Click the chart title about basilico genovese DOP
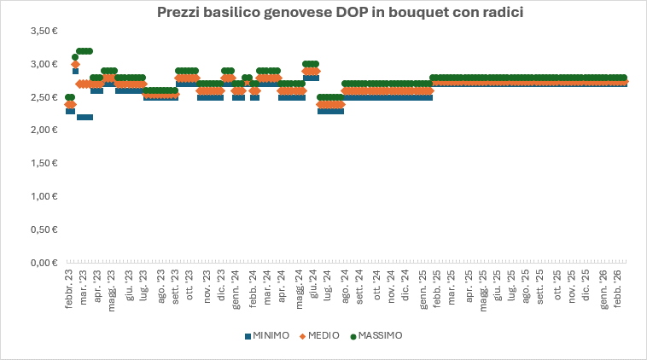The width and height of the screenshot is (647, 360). click(328, 14)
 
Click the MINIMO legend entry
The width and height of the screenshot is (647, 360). click(267, 335)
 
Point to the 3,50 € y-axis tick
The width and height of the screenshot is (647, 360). click(42, 31)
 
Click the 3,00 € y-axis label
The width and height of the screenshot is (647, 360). click(42, 64)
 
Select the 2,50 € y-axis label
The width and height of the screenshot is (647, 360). click(42, 97)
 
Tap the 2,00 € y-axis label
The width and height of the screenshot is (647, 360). click(42, 131)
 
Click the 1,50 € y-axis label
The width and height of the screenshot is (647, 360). click(42, 164)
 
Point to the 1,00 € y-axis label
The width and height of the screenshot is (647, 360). click(42, 197)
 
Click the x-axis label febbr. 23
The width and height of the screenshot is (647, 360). click(69, 289)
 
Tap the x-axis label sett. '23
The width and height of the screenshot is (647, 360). click(176, 288)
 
